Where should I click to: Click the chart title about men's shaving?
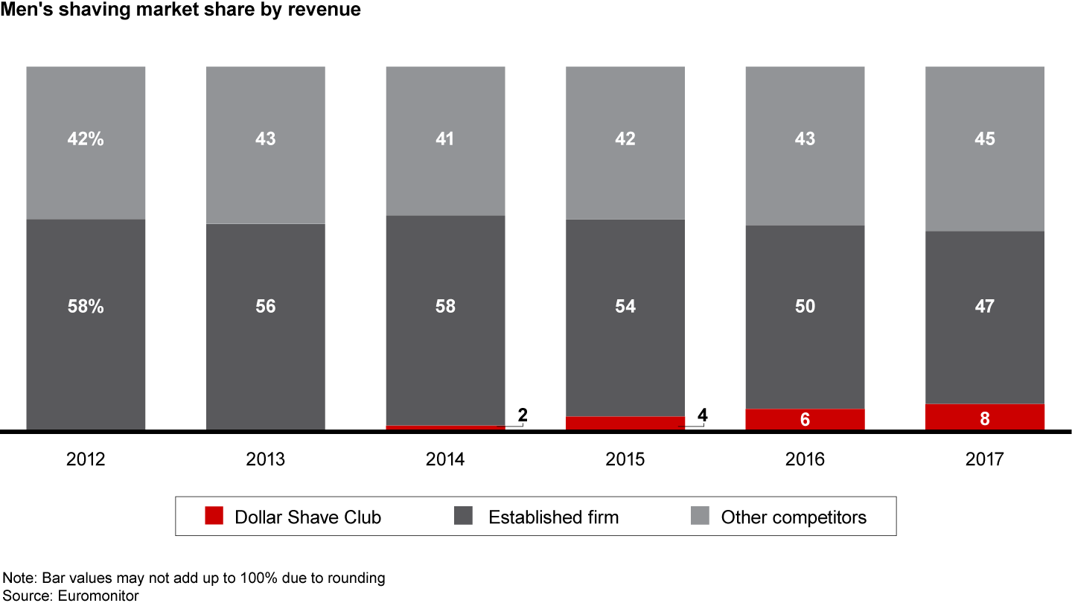[x=181, y=10]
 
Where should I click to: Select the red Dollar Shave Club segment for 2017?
[x=984, y=417]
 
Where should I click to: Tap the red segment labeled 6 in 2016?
[x=805, y=419]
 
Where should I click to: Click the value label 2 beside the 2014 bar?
[x=523, y=415]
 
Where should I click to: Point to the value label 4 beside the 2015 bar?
[x=702, y=415]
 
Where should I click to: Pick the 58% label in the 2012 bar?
[x=86, y=306]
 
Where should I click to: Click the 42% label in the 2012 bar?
[x=86, y=138]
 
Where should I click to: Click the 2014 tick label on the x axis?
[x=445, y=459]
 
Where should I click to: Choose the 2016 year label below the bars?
[x=805, y=459]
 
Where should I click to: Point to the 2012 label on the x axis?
[x=86, y=459]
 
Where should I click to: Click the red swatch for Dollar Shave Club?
[x=214, y=516]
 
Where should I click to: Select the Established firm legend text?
[x=553, y=517]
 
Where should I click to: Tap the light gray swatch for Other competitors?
[x=700, y=516]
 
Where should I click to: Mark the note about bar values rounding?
[x=194, y=578]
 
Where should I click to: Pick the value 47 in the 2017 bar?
[x=984, y=306]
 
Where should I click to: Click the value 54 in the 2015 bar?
[x=625, y=306]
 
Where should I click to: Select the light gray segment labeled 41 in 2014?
[x=445, y=164]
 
